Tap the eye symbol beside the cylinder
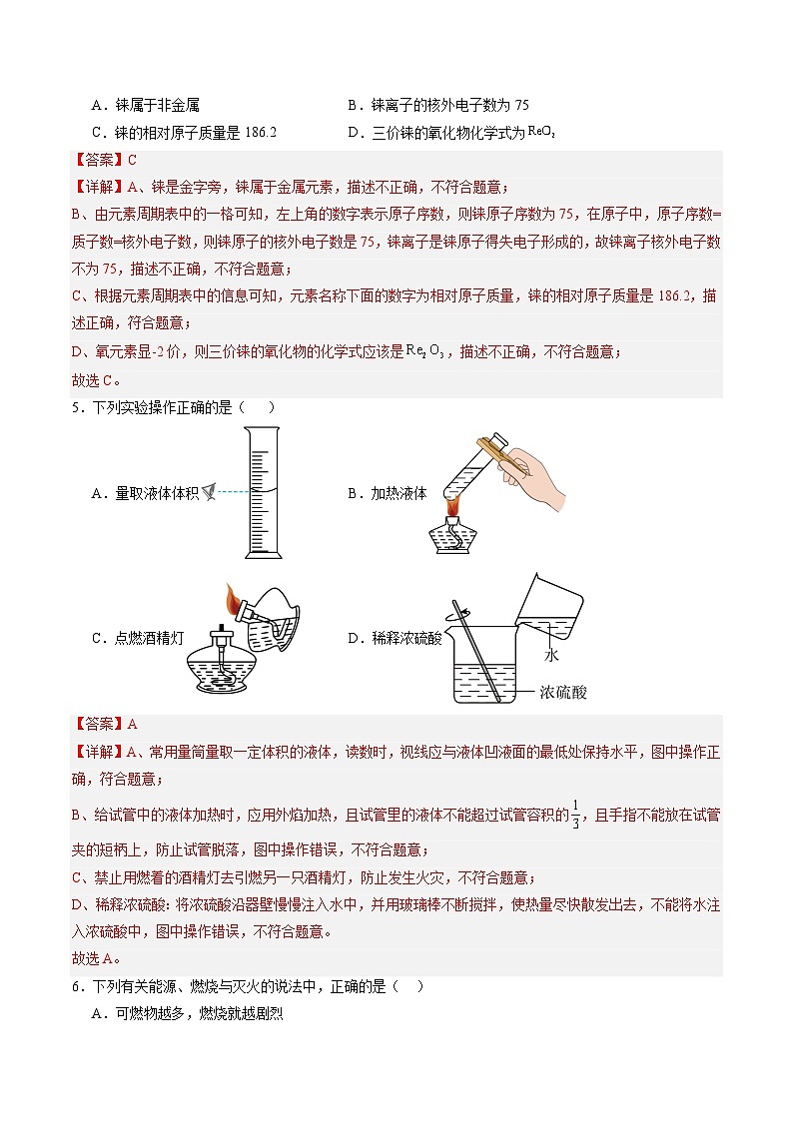(209, 491)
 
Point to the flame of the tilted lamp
(235, 600)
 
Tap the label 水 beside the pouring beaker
(549, 656)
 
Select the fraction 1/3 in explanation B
(574, 815)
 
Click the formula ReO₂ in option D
(540, 131)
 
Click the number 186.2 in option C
(259, 133)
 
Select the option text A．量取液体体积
(144, 493)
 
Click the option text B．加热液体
(386, 493)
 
